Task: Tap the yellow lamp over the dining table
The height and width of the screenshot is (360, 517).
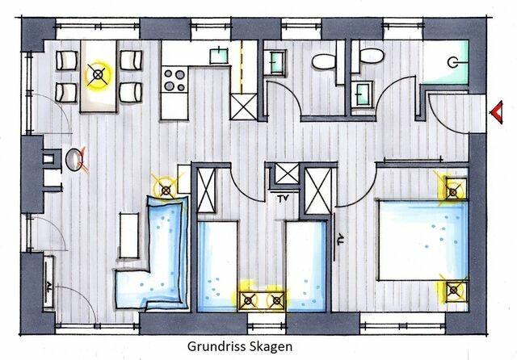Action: point(99,77)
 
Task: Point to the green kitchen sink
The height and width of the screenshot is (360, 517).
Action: point(218,57)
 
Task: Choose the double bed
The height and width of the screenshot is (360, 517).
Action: point(422,241)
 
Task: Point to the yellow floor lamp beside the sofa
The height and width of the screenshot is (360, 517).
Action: point(166,190)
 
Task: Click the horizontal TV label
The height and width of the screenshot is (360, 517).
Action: point(284,198)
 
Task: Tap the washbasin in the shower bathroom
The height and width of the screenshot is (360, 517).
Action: point(360,93)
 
